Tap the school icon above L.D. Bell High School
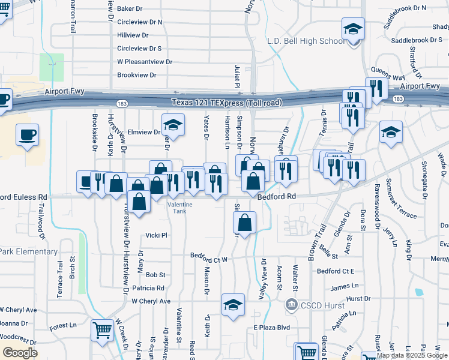click(353, 28)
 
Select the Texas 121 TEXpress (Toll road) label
click(226, 103)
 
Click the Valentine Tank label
click(179, 208)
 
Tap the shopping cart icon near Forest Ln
click(102, 329)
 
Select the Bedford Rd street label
click(277, 196)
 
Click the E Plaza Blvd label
click(271, 328)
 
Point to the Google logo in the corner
click(20, 353)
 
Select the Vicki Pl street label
click(156, 235)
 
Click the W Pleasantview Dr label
click(145, 62)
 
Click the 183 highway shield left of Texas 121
click(122, 103)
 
